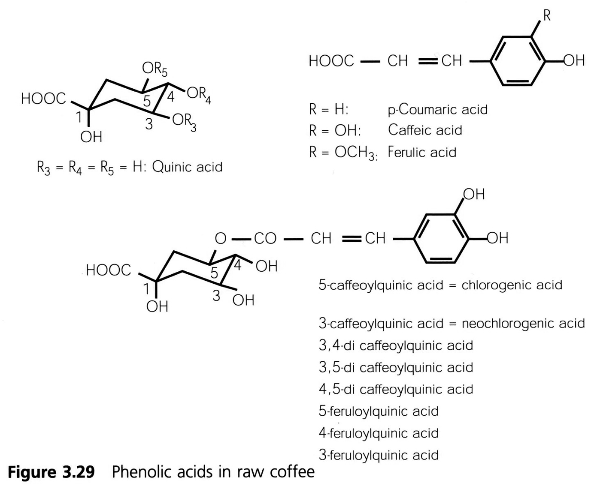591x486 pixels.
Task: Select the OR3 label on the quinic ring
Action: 184,121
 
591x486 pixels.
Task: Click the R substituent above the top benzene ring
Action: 547,16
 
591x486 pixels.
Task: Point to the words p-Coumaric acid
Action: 437,110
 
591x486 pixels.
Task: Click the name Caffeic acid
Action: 425,130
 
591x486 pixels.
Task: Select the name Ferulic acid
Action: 421,152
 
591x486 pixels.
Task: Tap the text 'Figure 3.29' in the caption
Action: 52,472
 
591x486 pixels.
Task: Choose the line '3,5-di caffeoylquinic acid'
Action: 396,367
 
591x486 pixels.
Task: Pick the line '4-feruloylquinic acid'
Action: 379,433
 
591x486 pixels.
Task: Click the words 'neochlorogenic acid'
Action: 523,323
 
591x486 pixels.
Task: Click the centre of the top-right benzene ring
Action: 518,61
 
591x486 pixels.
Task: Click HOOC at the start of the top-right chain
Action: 331,61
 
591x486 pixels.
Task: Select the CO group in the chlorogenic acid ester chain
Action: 265,238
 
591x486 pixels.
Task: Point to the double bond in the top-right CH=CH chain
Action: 428,61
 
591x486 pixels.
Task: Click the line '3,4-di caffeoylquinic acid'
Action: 396,345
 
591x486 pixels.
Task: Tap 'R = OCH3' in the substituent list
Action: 342,153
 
